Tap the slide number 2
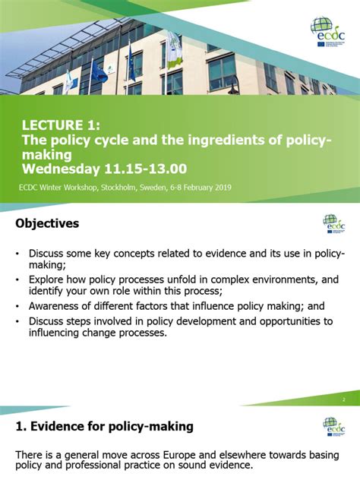point(343,399)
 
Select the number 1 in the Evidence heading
point(20,427)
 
